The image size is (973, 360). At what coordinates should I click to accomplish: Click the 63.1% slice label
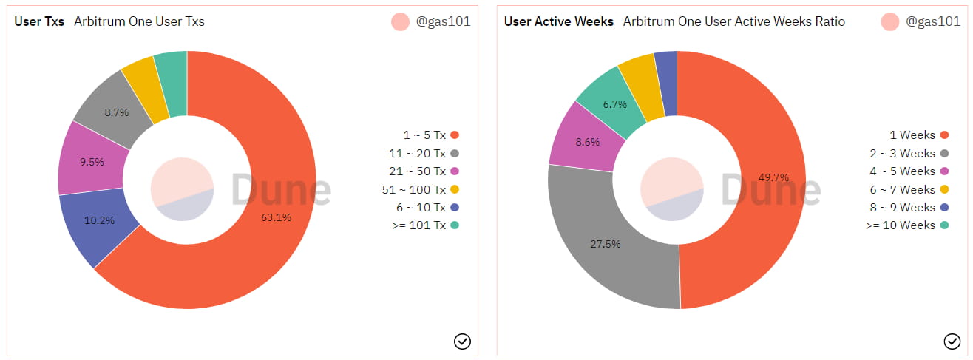pos(277,217)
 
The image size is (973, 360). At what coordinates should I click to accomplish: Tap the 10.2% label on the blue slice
pos(100,220)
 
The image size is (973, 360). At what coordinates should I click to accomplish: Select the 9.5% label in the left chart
pos(92,162)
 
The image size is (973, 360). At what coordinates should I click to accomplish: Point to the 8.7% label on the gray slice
pos(117,112)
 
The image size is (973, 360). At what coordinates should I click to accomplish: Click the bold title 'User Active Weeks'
pos(559,21)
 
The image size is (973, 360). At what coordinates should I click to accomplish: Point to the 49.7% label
pos(773,177)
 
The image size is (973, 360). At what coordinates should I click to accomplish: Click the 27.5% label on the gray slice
pos(605,244)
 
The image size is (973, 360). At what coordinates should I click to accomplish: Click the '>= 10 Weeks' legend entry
pos(901,225)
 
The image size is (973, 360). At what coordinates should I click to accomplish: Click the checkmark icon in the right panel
pos(952,341)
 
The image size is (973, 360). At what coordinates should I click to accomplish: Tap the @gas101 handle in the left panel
pos(443,21)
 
